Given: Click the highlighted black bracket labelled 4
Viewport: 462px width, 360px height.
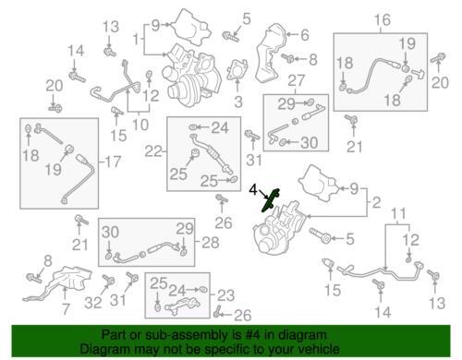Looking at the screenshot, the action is point(270,200).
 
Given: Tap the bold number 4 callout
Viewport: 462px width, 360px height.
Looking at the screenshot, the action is point(253,190).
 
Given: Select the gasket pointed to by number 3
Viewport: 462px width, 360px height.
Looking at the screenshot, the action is point(237,71).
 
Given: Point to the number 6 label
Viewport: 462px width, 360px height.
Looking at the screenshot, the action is point(305,35).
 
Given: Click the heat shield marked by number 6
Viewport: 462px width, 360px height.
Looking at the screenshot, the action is point(270,53).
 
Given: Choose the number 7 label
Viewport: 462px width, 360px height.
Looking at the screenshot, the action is point(66,308).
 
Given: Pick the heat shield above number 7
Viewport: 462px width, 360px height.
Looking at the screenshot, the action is point(58,284).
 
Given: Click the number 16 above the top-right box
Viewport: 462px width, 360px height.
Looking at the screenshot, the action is point(383,20).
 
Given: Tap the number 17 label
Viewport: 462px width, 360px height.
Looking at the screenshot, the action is point(113,162).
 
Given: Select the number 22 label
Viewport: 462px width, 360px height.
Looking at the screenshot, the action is point(153,151).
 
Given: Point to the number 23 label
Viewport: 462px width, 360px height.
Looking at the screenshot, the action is point(226,295).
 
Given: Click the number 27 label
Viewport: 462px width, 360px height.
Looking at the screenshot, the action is point(296,81).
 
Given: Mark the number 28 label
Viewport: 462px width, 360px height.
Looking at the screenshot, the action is point(211,243).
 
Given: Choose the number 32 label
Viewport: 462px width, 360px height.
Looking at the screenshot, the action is point(93,303).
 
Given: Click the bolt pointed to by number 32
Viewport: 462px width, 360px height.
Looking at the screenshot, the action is point(109,281).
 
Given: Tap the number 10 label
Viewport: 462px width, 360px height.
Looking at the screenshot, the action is point(140,125).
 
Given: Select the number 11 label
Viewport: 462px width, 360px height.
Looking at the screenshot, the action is point(399,213).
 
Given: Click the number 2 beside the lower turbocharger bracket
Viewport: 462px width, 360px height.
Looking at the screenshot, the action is point(377,203).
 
